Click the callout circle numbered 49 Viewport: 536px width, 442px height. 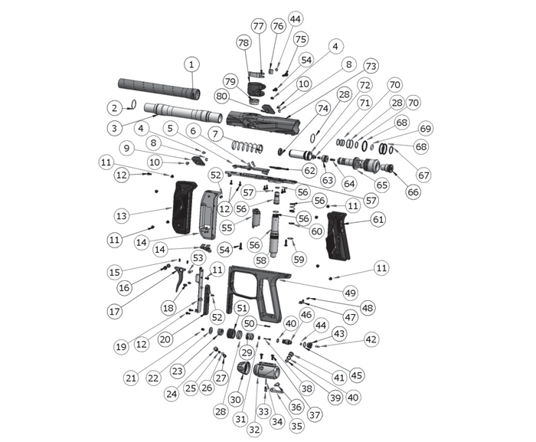click(350, 293)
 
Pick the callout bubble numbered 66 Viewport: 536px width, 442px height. click(413, 192)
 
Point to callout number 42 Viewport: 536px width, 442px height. click(371, 339)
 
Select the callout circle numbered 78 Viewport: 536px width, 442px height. click(243, 42)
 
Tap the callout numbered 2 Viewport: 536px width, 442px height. click(113, 107)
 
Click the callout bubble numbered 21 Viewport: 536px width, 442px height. click(130, 377)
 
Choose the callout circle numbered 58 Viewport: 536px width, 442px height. click(262, 260)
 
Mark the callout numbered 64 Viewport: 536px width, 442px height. click(350, 184)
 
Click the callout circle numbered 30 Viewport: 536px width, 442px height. click(235, 398)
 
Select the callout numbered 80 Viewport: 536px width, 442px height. click(221, 97)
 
